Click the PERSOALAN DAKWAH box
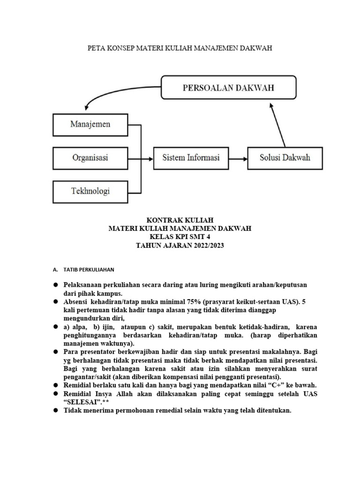(228, 88)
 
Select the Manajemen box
(90, 125)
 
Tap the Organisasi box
(90, 157)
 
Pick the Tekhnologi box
(90, 191)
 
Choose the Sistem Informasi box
(191, 157)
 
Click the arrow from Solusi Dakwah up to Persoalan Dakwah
(278, 124)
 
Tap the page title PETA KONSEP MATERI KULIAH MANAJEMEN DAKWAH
(180, 48)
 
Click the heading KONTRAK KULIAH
(180, 220)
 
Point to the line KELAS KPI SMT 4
(180, 237)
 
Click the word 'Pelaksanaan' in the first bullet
(84, 285)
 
